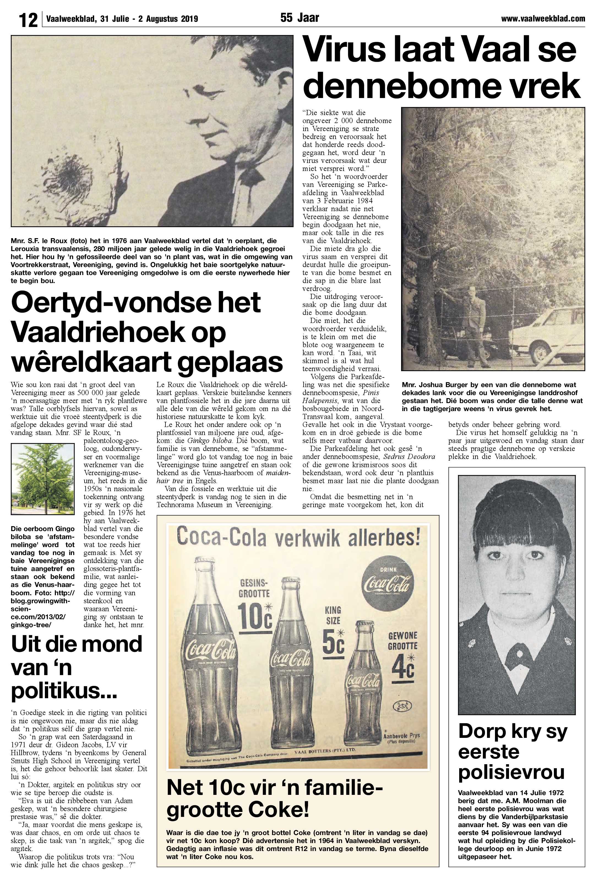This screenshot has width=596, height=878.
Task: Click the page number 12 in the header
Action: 28,19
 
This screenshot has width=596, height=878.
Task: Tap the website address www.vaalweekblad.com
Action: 543,18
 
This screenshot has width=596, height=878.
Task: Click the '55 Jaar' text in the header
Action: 300,18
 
